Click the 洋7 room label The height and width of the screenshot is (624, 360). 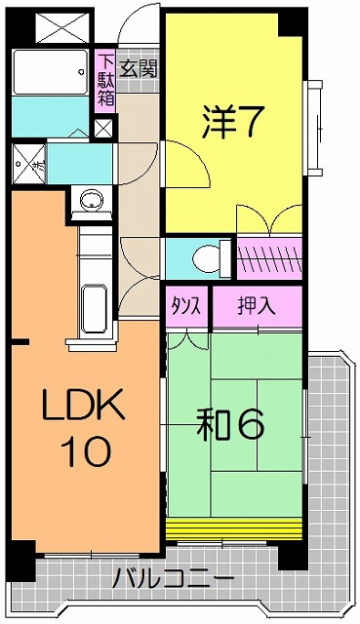click(233, 122)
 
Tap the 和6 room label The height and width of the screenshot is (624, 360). click(232, 426)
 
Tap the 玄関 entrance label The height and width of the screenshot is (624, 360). click(138, 69)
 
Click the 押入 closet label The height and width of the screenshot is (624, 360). click(257, 305)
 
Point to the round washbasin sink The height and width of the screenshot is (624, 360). click(91, 203)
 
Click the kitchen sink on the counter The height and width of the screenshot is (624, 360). click(94, 308)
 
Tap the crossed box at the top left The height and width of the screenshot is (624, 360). click(55, 25)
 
